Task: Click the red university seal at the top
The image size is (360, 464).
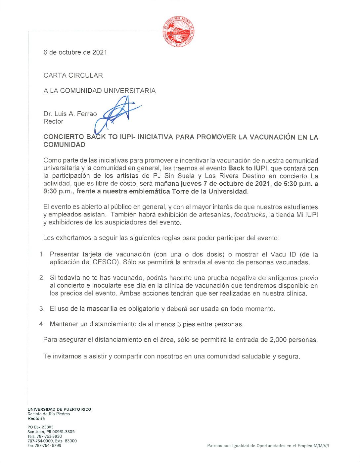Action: point(178,31)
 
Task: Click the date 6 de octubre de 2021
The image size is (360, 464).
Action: point(75,52)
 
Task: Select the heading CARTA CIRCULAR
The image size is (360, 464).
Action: point(73,75)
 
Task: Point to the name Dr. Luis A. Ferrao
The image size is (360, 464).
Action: point(70,114)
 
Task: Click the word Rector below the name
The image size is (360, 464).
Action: point(53,121)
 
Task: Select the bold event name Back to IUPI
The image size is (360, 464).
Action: point(247,168)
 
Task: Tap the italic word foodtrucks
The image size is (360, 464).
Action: point(249,215)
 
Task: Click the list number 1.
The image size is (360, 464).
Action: point(42,255)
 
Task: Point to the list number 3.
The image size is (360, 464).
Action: point(42,309)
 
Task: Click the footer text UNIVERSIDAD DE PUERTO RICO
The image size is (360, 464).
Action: point(59,409)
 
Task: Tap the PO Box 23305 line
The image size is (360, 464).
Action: point(40,427)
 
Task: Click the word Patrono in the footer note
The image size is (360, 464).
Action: point(215,446)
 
